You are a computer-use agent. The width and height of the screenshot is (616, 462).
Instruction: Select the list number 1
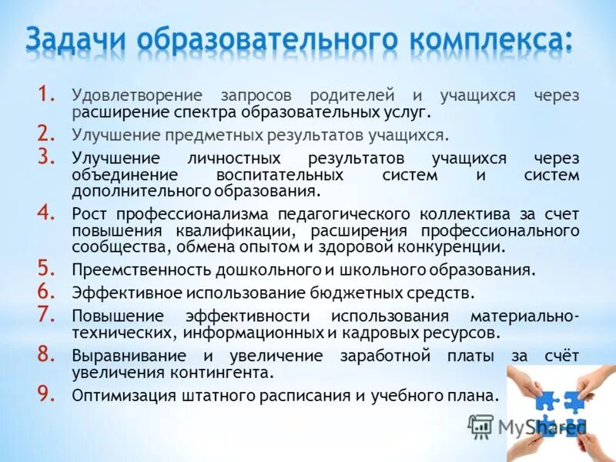(x=45, y=95)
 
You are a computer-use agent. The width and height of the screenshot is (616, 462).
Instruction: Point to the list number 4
(x=46, y=213)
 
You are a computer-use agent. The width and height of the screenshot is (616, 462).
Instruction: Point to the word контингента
(x=226, y=373)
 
